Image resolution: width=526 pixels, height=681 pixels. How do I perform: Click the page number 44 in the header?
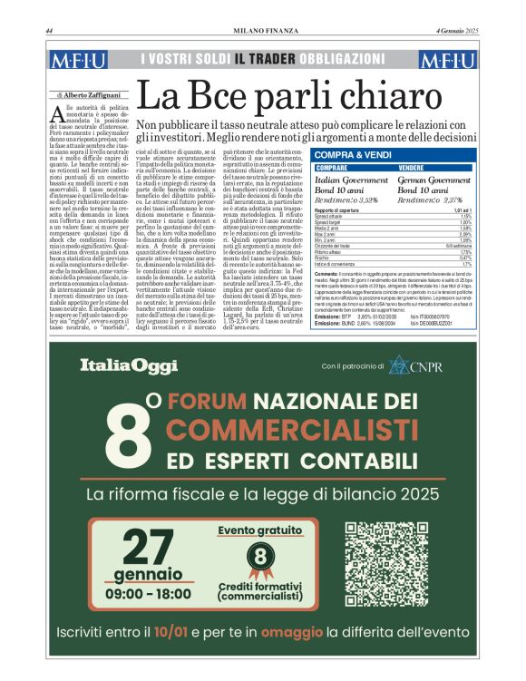pyautogui.click(x=49, y=33)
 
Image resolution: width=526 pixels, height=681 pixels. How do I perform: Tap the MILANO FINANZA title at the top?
pyautogui.click(x=263, y=33)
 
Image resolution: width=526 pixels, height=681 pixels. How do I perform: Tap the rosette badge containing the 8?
pyautogui.click(x=261, y=556)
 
